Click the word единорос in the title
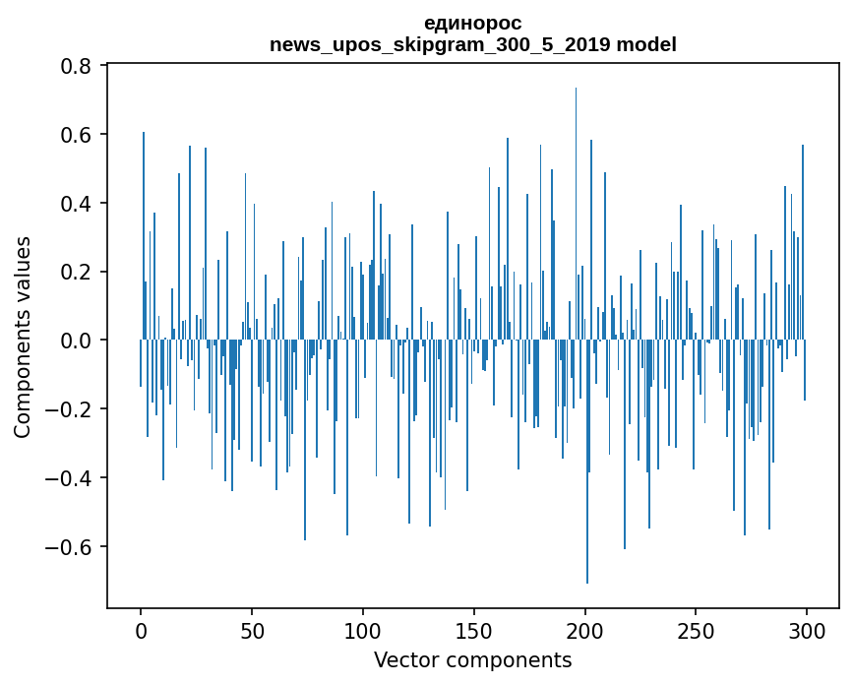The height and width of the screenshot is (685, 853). [x=472, y=23]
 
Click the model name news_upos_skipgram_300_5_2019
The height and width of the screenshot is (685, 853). [x=441, y=44]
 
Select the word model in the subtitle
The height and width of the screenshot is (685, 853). [x=646, y=44]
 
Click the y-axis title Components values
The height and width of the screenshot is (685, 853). [x=23, y=337]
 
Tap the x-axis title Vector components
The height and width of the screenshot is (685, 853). [x=472, y=659]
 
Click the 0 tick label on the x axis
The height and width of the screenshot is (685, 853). [x=141, y=629]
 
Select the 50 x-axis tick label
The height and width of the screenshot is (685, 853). [x=252, y=629]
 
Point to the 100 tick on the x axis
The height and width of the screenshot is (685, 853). [x=363, y=629]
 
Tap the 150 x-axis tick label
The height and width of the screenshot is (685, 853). [x=474, y=629]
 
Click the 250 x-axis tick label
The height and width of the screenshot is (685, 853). [x=696, y=629]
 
